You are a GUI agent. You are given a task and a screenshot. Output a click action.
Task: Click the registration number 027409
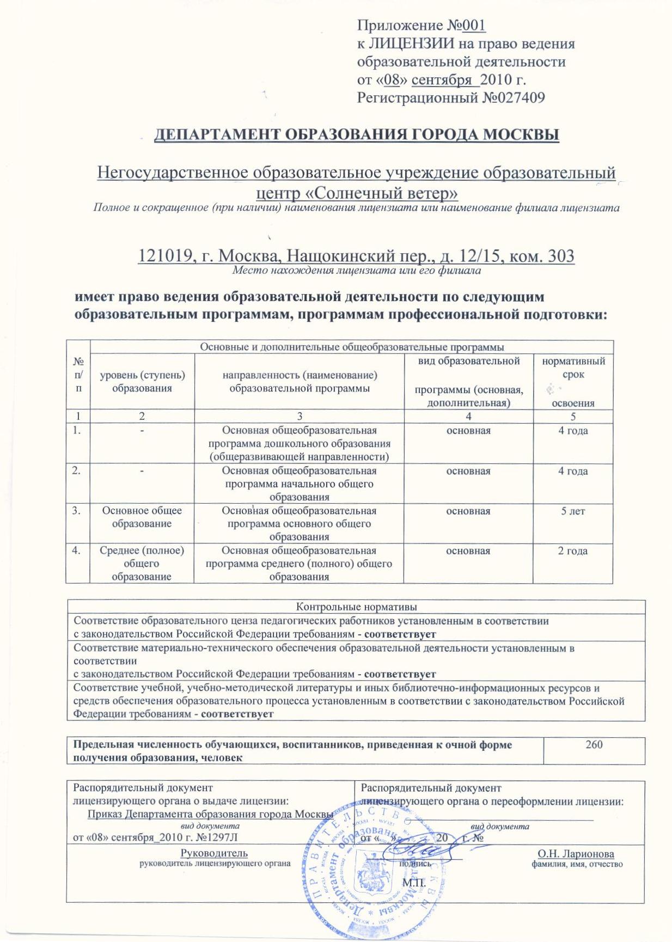coord(523,97)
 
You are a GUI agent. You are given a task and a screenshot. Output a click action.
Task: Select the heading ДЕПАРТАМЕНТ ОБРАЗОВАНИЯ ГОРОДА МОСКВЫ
coord(357,134)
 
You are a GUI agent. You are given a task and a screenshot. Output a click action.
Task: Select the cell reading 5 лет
coord(573,511)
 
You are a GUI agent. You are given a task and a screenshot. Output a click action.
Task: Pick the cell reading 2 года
coord(573,551)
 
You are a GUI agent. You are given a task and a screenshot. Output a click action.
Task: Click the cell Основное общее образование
coord(142,517)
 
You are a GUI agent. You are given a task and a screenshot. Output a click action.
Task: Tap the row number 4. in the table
coord(77,551)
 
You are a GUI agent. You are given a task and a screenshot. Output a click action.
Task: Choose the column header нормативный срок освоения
coord(573,382)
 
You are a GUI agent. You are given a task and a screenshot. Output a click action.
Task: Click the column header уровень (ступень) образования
coord(142,382)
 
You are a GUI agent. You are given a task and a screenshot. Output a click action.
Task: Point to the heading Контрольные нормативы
coord(356,607)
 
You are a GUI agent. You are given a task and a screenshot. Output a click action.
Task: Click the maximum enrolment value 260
coord(594,744)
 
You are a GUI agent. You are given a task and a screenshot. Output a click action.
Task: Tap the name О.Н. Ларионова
coord(576,854)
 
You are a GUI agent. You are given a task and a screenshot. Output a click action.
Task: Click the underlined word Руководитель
coord(214,853)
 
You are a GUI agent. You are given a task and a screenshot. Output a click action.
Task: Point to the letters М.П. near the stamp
coord(413,882)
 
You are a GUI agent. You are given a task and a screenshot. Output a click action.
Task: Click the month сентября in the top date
coord(442,79)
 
